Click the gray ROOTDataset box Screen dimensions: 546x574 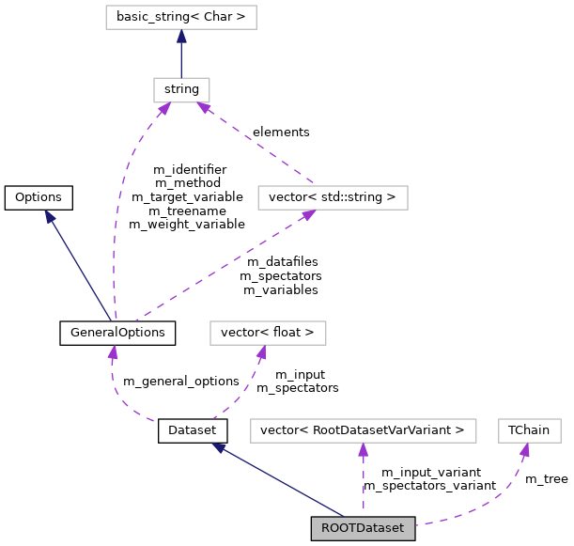point(363,528)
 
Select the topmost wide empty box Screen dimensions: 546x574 point(181,17)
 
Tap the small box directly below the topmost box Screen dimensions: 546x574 point(181,90)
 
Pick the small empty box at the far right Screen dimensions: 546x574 point(530,430)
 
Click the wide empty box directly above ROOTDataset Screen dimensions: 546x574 point(363,430)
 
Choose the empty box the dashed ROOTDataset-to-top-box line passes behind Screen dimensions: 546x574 point(268,333)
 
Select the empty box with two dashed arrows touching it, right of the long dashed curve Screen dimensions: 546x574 point(333,197)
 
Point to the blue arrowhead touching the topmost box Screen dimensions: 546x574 point(181,37)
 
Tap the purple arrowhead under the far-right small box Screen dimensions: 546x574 point(524,450)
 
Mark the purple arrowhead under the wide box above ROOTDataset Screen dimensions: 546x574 point(363,450)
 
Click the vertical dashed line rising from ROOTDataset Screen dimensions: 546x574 point(363,484)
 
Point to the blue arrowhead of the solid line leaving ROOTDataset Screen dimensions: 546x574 point(219,448)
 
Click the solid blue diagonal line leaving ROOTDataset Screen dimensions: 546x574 point(282,482)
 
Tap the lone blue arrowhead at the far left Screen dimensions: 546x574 point(50,217)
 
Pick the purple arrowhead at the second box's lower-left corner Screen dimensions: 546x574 point(163,110)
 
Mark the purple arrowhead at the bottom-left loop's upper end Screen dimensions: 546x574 point(113,353)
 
